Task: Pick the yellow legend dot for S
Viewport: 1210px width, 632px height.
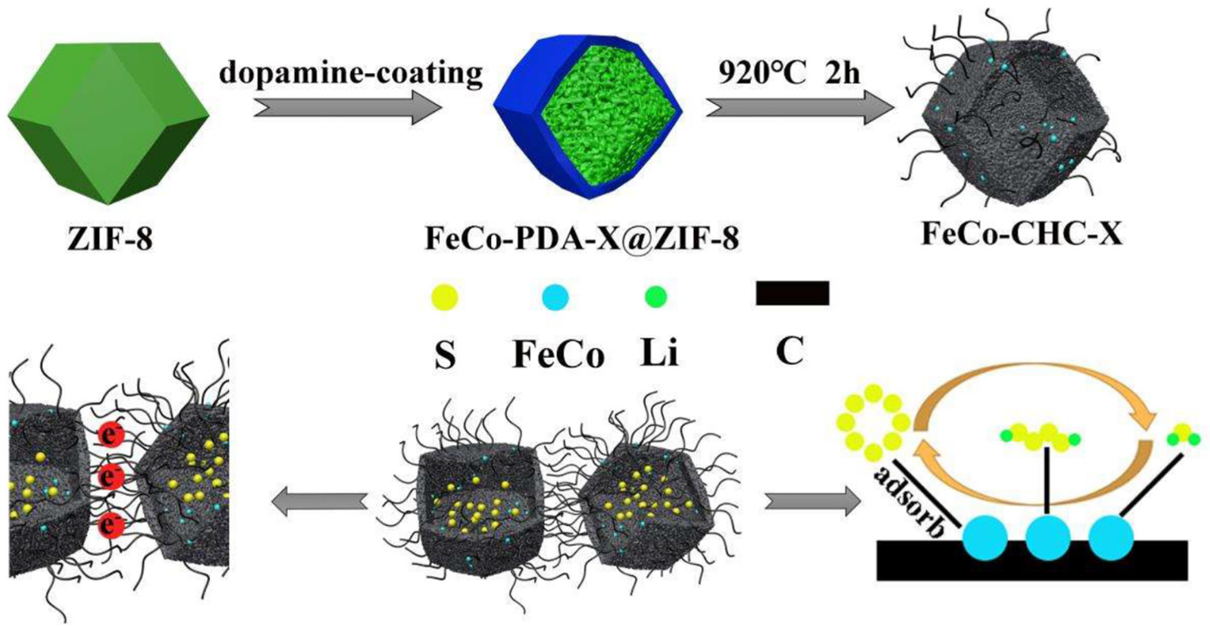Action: (x=444, y=297)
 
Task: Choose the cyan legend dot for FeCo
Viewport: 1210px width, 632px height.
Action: (x=555, y=297)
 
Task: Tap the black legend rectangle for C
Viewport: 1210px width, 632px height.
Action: (x=792, y=294)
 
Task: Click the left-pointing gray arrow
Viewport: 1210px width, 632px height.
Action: (x=319, y=501)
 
